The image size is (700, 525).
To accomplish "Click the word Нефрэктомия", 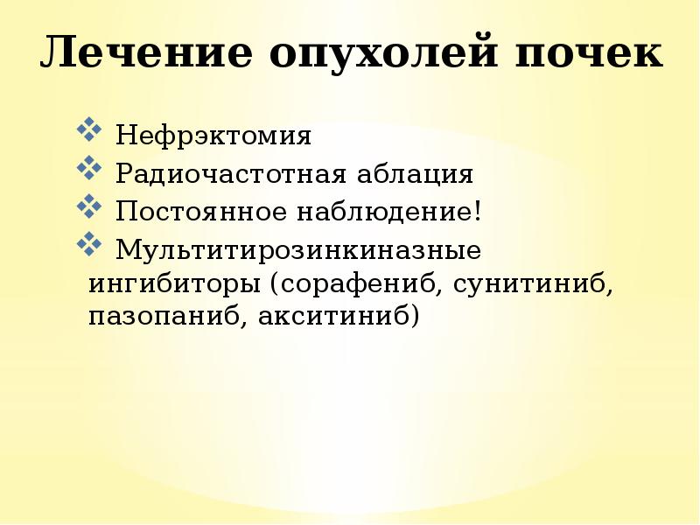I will coord(213,136).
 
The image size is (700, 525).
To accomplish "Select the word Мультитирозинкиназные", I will coord(298,250).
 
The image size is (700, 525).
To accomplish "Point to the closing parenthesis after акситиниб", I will coord(415,316).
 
